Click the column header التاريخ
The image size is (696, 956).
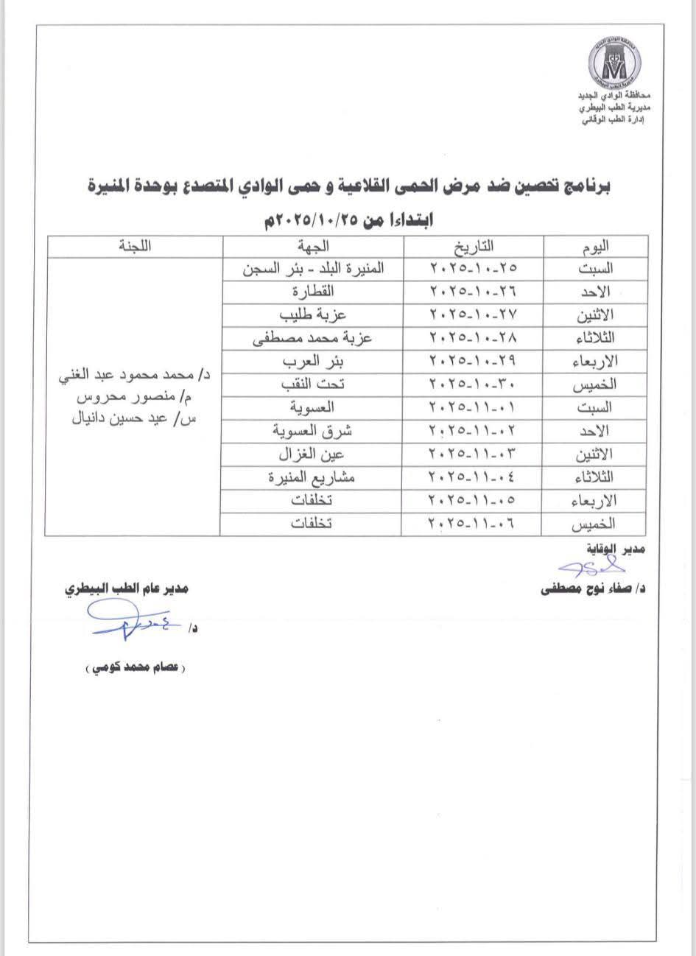click(472, 247)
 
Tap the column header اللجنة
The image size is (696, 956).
click(135, 247)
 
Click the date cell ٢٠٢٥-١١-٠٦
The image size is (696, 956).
click(472, 523)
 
